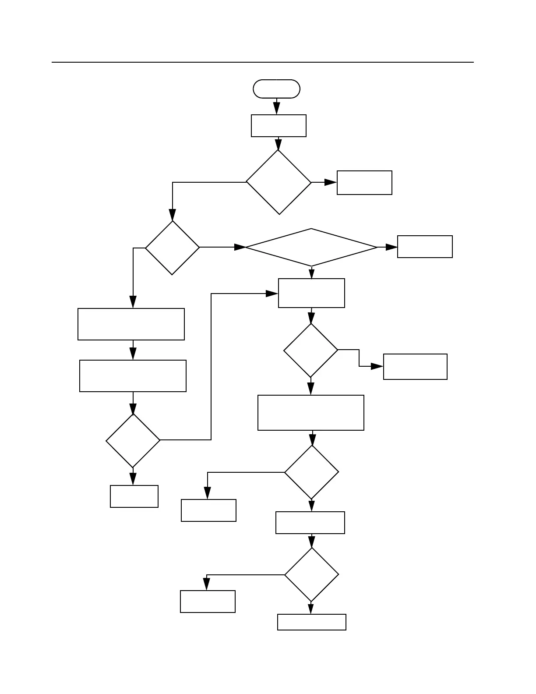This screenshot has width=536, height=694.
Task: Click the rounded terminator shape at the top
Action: pos(276,89)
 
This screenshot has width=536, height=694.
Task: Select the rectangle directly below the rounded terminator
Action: pos(279,126)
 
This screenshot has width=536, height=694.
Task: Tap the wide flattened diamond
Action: pos(311,248)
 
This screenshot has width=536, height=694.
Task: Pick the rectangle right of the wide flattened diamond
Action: pos(425,247)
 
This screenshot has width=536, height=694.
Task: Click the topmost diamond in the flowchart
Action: pos(279,182)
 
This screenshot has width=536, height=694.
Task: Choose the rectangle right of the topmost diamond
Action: pos(364,183)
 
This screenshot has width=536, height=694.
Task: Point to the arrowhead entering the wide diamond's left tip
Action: pos(240,248)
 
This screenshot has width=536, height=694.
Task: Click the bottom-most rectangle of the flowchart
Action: pos(312,622)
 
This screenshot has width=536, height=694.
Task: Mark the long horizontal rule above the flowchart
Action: pos(263,62)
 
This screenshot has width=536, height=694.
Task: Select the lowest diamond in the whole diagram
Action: pos(311,574)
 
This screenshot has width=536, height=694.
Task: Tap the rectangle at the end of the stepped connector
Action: pos(415,367)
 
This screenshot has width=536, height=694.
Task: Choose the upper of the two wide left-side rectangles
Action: pos(131,324)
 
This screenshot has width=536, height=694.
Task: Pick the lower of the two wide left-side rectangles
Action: pos(133,376)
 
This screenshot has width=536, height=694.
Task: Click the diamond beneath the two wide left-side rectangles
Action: pos(133,440)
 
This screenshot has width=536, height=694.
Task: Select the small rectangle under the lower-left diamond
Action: pos(134,496)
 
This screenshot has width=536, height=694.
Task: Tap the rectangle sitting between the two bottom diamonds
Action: pos(310,523)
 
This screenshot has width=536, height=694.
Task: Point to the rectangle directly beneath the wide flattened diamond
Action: pos(311,293)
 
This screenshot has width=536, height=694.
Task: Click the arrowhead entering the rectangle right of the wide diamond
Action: pos(391,248)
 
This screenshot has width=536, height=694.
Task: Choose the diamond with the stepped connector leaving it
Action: pos(311,350)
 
